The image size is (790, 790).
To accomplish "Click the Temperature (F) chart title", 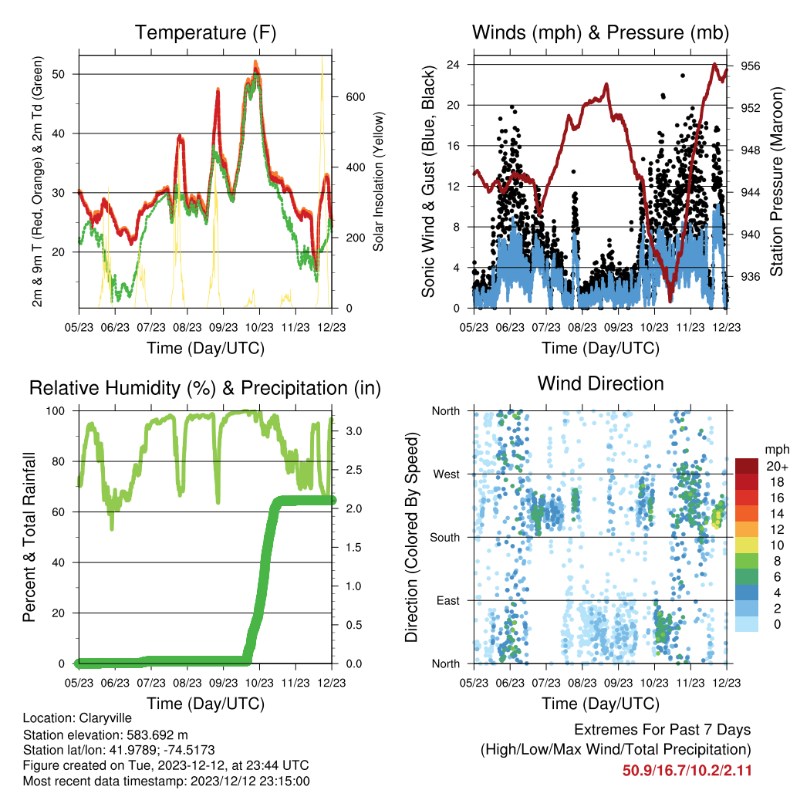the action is click(205, 32).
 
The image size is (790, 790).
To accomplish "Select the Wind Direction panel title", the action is click(600, 383).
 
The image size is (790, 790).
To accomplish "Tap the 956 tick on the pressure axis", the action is click(750, 66).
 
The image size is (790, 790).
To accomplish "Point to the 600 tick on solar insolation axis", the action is click(355, 97).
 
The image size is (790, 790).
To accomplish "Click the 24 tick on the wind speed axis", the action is click(453, 65).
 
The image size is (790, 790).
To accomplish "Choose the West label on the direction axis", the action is click(447, 474).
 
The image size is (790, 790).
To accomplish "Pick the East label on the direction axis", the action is click(448, 600).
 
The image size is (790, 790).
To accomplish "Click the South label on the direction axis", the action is click(445, 538).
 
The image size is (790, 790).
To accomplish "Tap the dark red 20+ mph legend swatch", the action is click(747, 466).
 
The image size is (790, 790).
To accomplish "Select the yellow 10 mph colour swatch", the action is click(747, 545).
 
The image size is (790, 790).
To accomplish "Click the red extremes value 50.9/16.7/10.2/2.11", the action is click(687, 771).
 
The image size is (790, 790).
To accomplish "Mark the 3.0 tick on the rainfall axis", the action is click(353, 431).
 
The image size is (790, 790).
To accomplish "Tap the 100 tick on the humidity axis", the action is click(56, 411).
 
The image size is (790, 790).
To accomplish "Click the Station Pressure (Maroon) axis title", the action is click(776, 181).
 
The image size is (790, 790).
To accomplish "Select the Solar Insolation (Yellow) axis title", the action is click(378, 181).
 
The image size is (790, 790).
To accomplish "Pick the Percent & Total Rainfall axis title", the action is click(29, 537).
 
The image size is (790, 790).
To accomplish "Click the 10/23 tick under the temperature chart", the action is click(259, 327).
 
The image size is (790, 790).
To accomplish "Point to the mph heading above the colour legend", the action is click(776, 450).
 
